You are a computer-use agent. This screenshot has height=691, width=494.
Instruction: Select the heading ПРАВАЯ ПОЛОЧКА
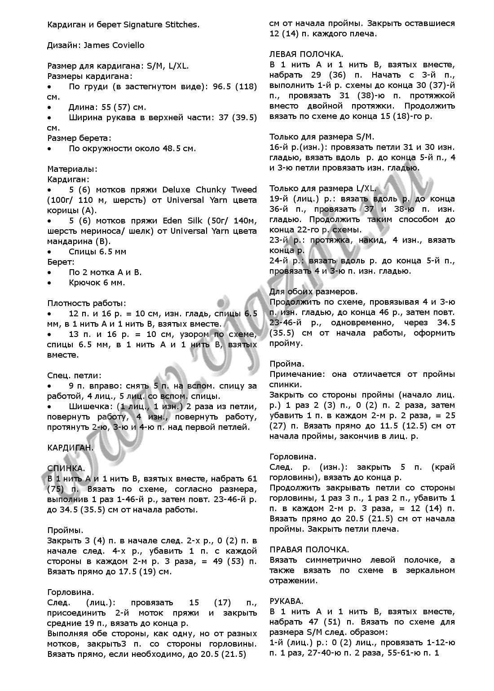click(x=309, y=550)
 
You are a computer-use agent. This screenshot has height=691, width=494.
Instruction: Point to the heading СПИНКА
click(x=66, y=468)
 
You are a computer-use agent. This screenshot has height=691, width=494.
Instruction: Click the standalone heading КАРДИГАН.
click(x=71, y=448)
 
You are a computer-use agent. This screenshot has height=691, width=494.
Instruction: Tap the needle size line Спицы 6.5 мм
click(x=97, y=251)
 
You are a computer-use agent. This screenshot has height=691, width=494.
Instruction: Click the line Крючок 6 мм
click(x=97, y=283)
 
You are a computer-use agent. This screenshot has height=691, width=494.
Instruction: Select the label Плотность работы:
click(x=87, y=303)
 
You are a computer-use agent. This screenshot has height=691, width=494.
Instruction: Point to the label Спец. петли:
click(x=74, y=375)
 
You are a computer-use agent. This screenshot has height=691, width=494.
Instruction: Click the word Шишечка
click(x=87, y=407)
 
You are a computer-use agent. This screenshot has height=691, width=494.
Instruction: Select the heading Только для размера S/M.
click(x=322, y=137)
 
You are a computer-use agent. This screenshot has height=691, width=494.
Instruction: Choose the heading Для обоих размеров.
click(x=313, y=292)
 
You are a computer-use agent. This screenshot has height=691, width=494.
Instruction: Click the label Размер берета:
click(x=79, y=138)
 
